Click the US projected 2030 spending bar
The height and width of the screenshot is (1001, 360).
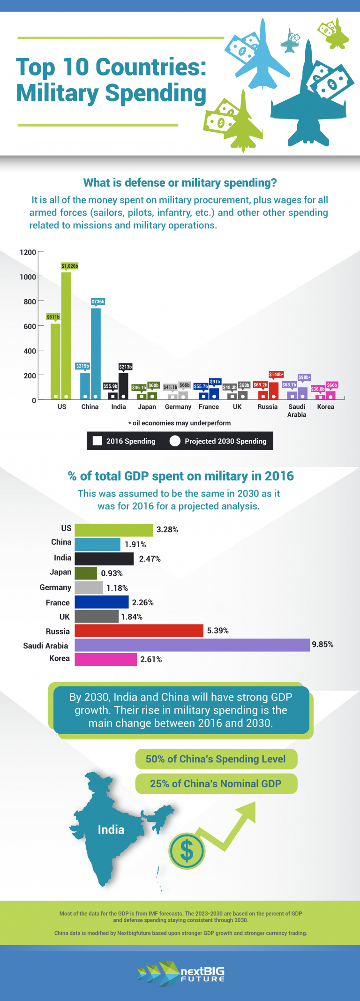pyautogui.click(x=66, y=335)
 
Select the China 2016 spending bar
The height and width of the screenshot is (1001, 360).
pyautogui.click(x=85, y=385)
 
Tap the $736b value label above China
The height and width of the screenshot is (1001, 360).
pyautogui.click(x=98, y=301)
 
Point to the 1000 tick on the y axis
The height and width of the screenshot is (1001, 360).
pyautogui.click(x=28, y=277)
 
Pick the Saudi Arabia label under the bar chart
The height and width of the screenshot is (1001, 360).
pyautogui.click(x=297, y=411)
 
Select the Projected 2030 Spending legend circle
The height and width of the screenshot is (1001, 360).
pyautogui.click(x=175, y=441)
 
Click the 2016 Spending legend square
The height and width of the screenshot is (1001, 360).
pyautogui.click(x=97, y=441)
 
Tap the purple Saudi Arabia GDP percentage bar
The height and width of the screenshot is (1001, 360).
pyautogui.click(x=192, y=645)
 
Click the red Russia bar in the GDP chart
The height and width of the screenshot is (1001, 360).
pyautogui.click(x=139, y=631)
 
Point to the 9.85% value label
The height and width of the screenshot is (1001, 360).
pyautogui.click(x=322, y=645)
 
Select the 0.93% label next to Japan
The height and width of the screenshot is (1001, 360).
pyautogui.click(x=112, y=573)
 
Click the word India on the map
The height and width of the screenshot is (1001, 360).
pyautogui.click(x=111, y=829)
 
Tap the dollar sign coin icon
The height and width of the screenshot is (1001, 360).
pyautogui.click(x=187, y=850)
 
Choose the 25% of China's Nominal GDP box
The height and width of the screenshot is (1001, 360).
pyautogui.click(x=216, y=784)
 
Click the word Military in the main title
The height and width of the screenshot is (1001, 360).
pyautogui.click(x=58, y=93)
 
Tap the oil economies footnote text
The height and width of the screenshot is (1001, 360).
pyautogui.click(x=180, y=423)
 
